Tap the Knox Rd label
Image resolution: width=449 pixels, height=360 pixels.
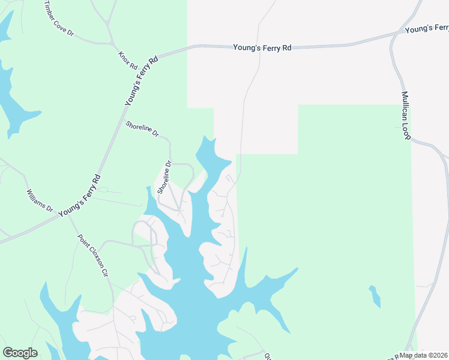point(128,59)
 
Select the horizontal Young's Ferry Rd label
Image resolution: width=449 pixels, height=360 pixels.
point(262,46)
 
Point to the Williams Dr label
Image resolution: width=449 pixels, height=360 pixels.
point(40,202)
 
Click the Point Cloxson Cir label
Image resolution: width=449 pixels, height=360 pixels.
point(92,255)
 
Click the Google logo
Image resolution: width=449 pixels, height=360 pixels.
point(20,353)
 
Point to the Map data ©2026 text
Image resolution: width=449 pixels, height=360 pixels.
point(424,355)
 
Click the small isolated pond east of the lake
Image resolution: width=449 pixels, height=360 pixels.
point(375,296)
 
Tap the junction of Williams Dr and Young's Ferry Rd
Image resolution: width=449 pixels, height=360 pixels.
point(63,215)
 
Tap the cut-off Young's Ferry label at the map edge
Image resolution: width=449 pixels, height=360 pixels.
point(426,28)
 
